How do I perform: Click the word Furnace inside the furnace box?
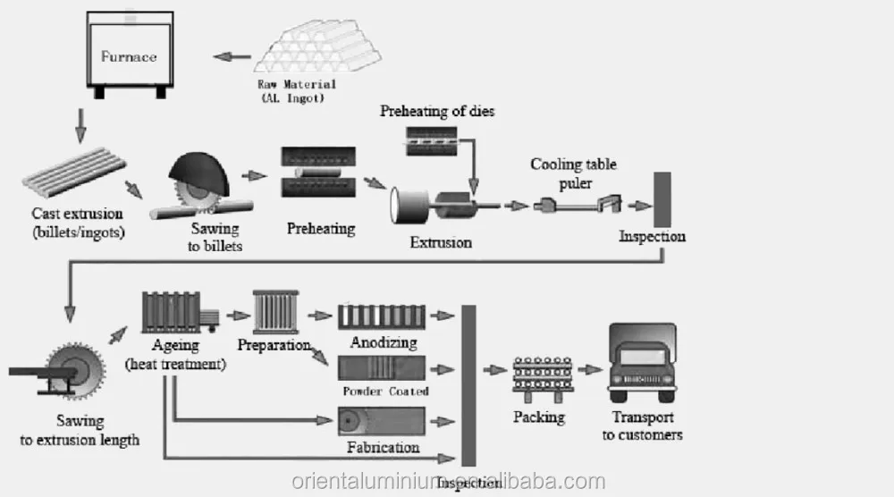(x=129, y=56)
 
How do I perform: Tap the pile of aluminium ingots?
(x=318, y=46)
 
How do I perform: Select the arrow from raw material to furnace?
(x=232, y=56)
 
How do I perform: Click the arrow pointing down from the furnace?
(x=81, y=126)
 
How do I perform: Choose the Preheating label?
(x=321, y=229)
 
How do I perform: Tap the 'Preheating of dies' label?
(x=437, y=111)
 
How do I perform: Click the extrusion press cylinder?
(x=409, y=206)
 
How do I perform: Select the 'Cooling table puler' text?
(x=574, y=173)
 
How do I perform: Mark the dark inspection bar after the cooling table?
(x=662, y=199)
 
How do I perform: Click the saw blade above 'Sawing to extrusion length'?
(x=75, y=370)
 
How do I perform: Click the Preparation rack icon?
(x=276, y=312)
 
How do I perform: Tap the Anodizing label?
(x=384, y=342)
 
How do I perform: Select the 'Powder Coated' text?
(x=385, y=391)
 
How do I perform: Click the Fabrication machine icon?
(x=382, y=422)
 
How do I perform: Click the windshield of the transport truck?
(x=643, y=357)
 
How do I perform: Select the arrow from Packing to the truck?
(x=590, y=370)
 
